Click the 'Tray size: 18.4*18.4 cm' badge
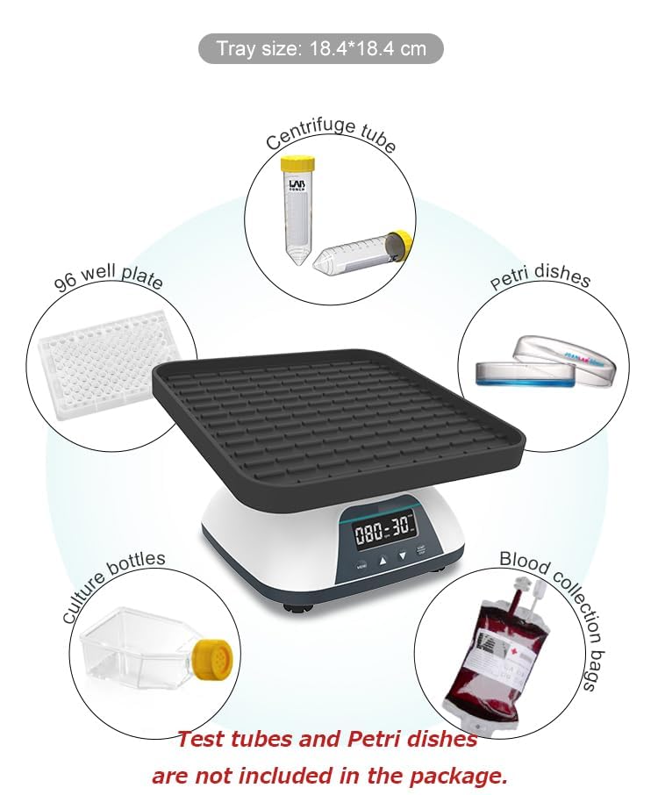pyautogui.click(x=321, y=48)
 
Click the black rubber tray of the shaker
pyautogui.click(x=338, y=412)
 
